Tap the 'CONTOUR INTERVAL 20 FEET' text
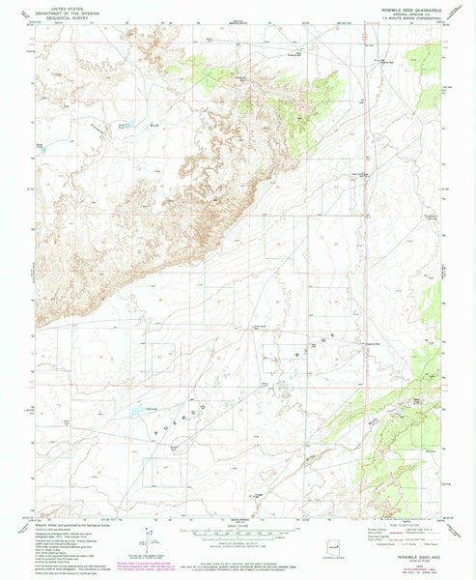coord(238,546)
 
